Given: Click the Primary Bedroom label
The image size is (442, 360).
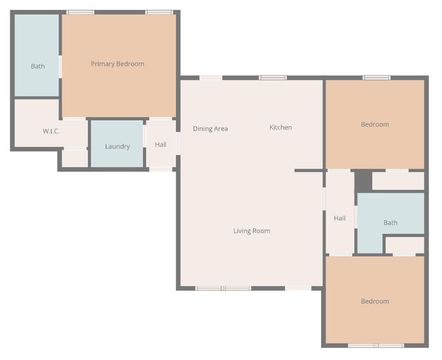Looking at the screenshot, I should coord(117,64).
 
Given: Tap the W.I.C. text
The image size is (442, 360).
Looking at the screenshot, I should coord(51,131).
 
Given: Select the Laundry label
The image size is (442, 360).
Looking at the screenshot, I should coord(117,147).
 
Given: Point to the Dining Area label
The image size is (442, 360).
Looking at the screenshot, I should coord(211,129).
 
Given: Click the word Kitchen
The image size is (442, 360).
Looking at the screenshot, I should coord(281,128).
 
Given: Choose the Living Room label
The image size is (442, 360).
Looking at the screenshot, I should coord(252,231).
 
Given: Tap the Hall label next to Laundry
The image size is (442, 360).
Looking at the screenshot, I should coord(161,145).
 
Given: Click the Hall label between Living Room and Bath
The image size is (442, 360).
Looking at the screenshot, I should coord(339,218).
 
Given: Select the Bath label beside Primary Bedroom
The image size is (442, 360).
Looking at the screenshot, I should coord(37,66).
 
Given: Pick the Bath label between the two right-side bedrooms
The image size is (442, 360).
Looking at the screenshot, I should coord(390,223).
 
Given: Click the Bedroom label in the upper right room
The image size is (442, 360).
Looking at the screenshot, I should coord(374,124).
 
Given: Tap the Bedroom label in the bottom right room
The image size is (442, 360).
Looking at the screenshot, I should coord(374,301).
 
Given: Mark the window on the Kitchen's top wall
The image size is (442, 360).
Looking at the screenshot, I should coord(273,78).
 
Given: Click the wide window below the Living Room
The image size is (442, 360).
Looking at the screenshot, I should coord(223,288).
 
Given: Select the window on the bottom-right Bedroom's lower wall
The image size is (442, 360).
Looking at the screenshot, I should coord(376,345).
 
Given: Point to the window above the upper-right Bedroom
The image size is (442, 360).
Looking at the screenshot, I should coord(376,78).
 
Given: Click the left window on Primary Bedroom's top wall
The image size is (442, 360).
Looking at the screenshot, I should coord(80,12).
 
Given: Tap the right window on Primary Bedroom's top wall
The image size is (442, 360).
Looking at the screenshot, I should coord(158,12).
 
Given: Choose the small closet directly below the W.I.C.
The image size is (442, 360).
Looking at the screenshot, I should coord(75,158).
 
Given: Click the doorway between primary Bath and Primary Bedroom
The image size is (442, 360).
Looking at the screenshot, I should coord(60,66).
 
